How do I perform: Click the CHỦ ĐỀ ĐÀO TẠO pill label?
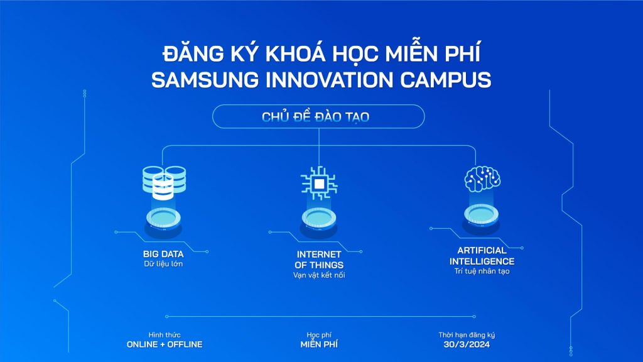318,117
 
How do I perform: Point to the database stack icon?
161,180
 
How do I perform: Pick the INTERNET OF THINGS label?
319,260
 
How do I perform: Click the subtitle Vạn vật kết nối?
319,275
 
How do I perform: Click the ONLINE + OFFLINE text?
165,345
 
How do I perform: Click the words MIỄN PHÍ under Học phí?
319,345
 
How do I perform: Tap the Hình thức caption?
165,335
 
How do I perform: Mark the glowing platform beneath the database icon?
163,219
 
